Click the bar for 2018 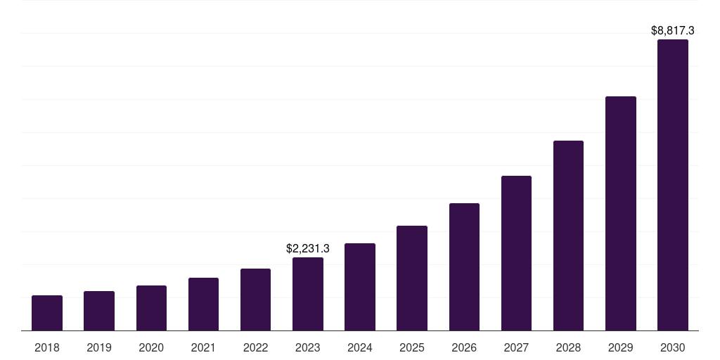pos(47,313)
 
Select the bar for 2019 pos(99,311)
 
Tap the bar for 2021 pos(203,304)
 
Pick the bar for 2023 pos(308,294)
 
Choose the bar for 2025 pos(412,278)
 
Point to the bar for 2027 pos(516,253)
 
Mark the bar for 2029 pos(621,213)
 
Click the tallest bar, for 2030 pos(673,185)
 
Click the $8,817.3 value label pos(673,31)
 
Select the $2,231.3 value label pos(308,248)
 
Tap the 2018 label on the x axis pos(47,347)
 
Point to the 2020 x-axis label pos(151,347)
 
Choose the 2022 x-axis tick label pos(255,347)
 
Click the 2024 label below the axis pos(360,347)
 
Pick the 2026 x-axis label pos(464,347)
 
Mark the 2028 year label pos(568,347)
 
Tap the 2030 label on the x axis pos(673,347)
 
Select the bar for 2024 pos(360,287)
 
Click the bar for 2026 pos(464,266)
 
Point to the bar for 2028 pos(568,236)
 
